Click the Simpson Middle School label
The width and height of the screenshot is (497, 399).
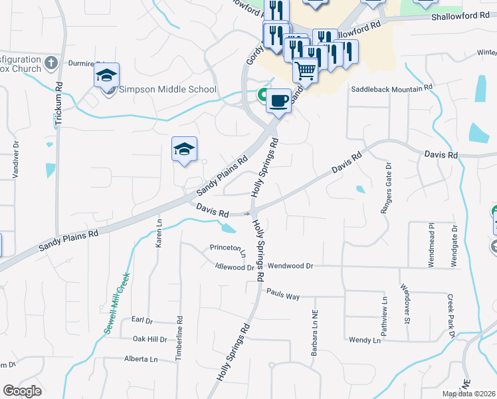pyautogui.click(x=167, y=89)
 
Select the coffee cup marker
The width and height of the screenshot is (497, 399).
pyautogui.click(x=278, y=100)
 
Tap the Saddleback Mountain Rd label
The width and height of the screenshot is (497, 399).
pyautogui.click(x=391, y=87)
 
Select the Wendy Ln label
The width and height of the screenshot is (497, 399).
pyautogui.click(x=364, y=340)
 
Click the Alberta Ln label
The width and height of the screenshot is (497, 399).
pyautogui.click(x=141, y=359)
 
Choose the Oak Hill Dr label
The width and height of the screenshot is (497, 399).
pyautogui.click(x=149, y=338)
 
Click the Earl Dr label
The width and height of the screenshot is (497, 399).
pyautogui.click(x=142, y=320)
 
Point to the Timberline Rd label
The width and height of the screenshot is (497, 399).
pyautogui.click(x=179, y=338)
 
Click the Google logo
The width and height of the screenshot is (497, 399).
pyautogui.click(x=22, y=391)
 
